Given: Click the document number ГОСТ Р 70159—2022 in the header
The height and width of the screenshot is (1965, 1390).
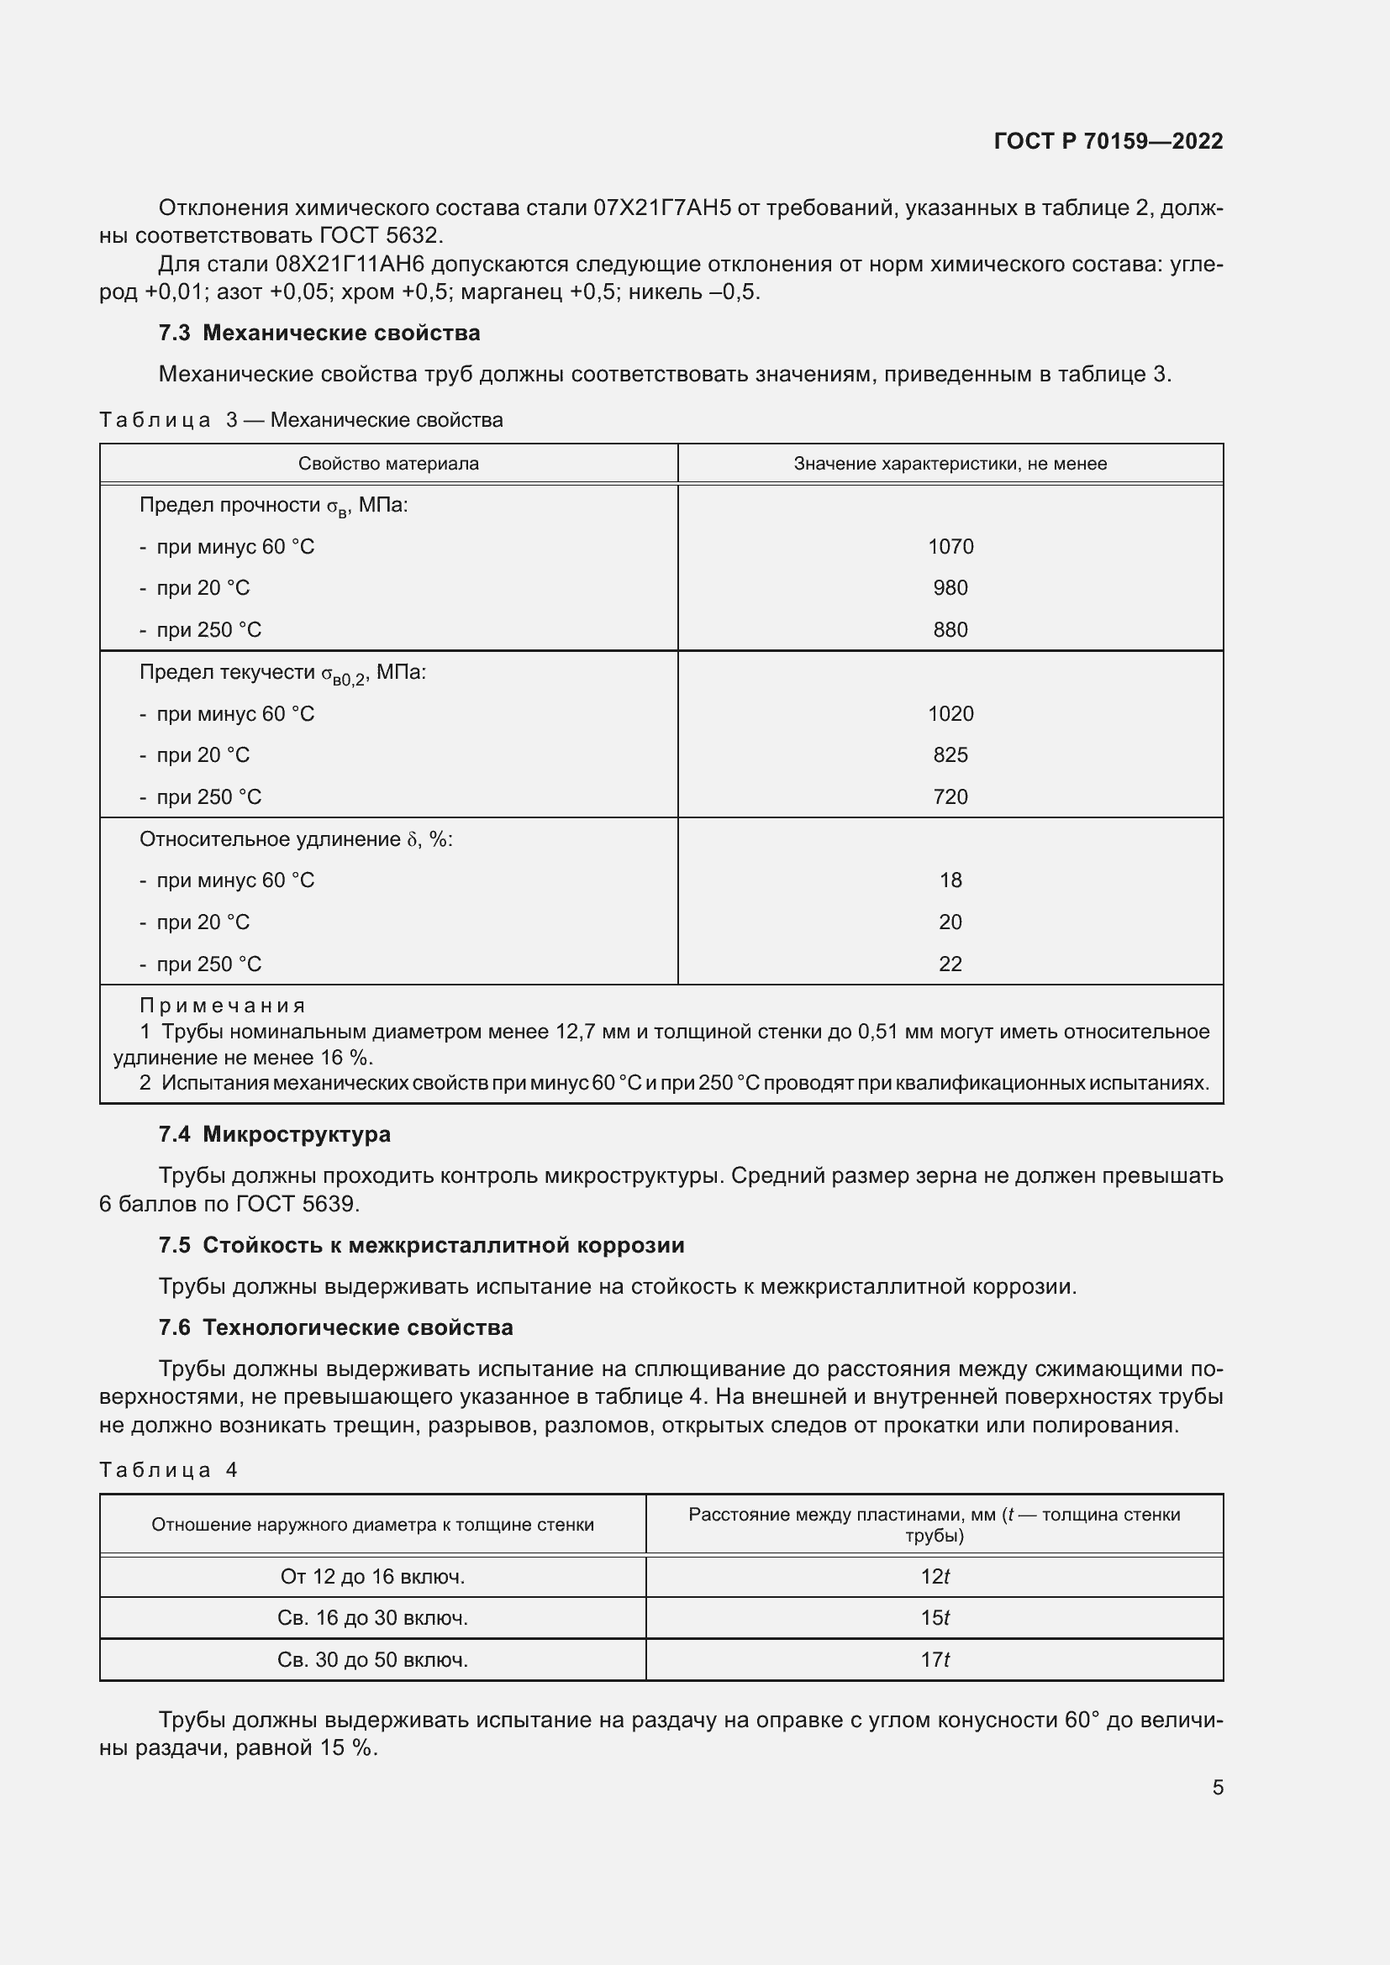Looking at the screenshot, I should [x=1108, y=141].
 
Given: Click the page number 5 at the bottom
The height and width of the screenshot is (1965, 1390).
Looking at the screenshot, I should [x=1217, y=1788].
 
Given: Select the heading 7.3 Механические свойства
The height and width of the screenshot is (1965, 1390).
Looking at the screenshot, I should [x=319, y=333].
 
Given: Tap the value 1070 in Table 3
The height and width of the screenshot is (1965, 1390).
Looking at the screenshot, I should [x=950, y=547].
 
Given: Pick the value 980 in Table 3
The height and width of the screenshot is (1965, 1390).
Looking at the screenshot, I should [x=950, y=588].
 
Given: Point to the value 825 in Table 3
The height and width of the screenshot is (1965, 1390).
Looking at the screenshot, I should [x=950, y=755].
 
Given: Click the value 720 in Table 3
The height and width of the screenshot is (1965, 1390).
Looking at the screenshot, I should [x=950, y=796].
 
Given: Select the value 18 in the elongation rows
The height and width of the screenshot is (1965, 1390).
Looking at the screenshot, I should [x=950, y=880].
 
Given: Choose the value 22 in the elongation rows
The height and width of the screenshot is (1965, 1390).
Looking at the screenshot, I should [x=950, y=964].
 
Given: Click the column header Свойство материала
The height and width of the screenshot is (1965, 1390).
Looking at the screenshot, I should [x=388, y=464].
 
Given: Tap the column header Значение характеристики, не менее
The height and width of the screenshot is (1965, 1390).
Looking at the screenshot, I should [x=950, y=464].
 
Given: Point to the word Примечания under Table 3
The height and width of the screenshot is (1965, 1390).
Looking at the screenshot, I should [x=223, y=1006].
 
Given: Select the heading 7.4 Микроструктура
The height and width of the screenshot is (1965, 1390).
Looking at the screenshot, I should [x=275, y=1135].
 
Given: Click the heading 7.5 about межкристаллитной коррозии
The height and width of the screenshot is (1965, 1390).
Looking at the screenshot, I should [x=421, y=1245].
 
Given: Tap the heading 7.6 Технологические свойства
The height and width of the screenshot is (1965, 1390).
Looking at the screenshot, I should [x=335, y=1327].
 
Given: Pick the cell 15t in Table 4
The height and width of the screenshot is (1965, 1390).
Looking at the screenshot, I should [x=935, y=1617].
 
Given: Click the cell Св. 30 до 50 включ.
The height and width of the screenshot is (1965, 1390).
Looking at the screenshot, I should [x=372, y=1659].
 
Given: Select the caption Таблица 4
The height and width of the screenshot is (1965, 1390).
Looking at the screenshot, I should [x=169, y=1470].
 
